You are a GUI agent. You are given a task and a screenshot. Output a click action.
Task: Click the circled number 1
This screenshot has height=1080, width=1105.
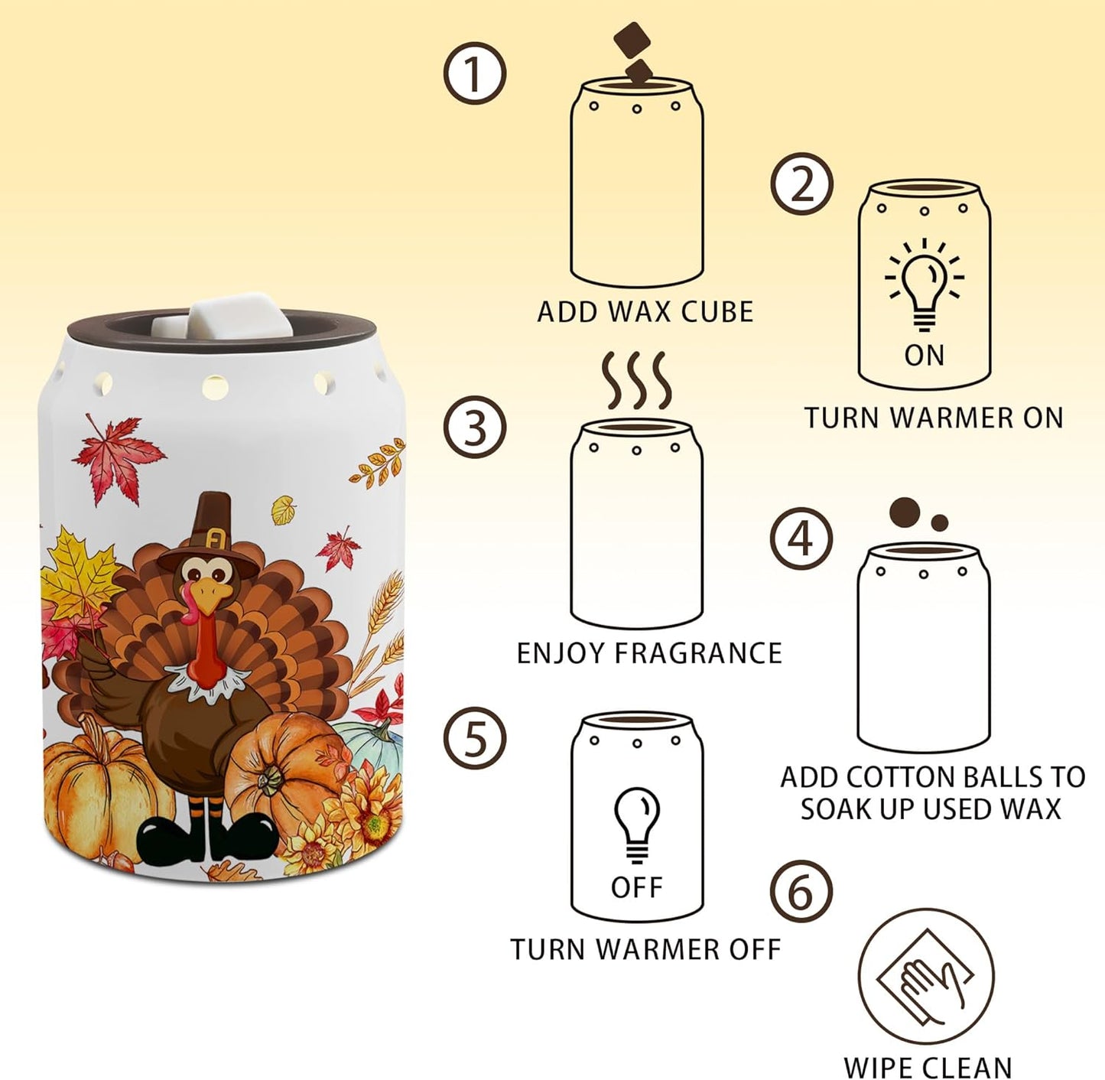pos(475,73)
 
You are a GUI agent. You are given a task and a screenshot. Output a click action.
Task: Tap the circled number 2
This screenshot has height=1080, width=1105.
pos(801,184)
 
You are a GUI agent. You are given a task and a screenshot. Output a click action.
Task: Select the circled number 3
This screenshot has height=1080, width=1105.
pos(476,427)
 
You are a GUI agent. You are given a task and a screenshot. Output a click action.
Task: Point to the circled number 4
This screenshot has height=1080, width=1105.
pos(801,538)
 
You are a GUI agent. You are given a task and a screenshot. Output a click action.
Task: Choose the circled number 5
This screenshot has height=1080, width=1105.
pos(475,740)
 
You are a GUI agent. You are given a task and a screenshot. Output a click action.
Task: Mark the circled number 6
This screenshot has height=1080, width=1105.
pos(801,892)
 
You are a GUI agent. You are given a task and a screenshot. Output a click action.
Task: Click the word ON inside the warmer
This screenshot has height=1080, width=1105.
pos(924,355)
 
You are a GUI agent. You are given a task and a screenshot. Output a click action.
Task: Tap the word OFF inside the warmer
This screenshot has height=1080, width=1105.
pos(636,887)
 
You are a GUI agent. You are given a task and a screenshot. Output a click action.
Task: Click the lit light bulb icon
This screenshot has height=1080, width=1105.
pos(924,283)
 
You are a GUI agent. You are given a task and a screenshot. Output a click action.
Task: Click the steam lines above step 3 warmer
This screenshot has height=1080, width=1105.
pos(636,380)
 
